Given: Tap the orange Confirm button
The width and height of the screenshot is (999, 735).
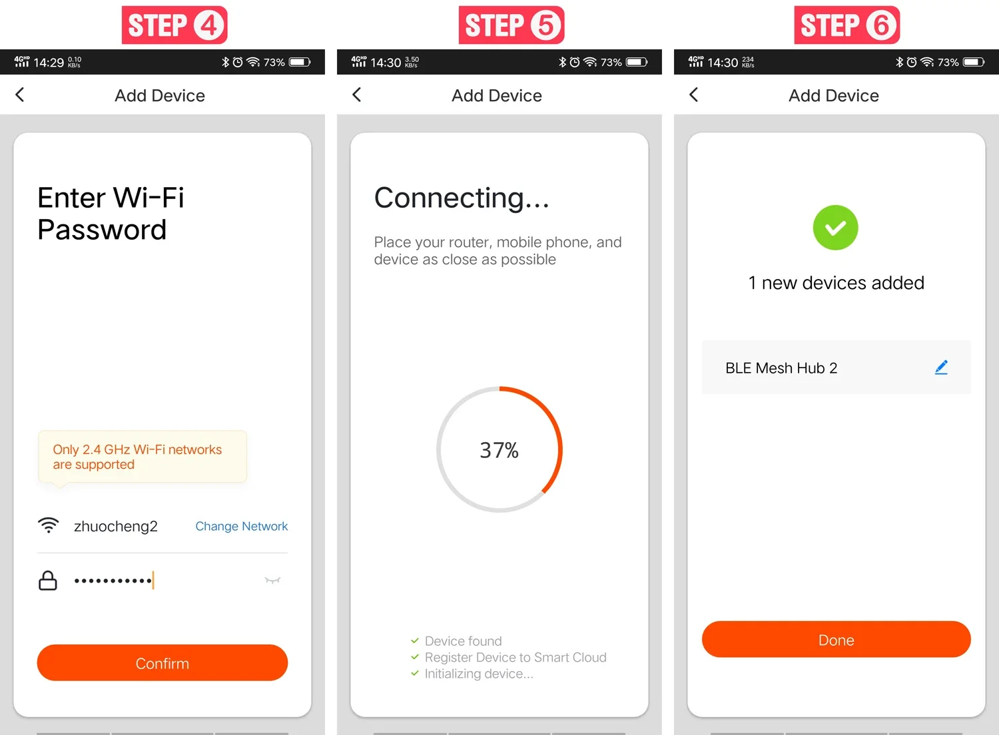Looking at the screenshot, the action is [163, 663].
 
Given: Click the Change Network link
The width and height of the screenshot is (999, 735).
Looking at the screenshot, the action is [241, 527].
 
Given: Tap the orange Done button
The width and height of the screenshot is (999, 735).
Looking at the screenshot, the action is [836, 640].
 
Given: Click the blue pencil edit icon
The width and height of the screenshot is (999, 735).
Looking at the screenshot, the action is [941, 367].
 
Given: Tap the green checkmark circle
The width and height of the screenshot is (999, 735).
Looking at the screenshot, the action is [835, 228].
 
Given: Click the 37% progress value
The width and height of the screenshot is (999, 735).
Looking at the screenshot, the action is [499, 450].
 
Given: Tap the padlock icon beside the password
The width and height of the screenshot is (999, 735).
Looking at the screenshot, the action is [48, 581].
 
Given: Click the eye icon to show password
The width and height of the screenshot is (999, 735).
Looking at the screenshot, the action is [272, 580].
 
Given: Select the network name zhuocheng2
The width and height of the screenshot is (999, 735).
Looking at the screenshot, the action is [115, 527].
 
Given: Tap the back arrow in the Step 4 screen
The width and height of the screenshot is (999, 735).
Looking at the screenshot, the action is [20, 95].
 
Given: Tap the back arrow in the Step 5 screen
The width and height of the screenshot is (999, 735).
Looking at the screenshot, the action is [357, 95].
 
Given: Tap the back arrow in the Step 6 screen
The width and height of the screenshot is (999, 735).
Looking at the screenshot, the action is [694, 95].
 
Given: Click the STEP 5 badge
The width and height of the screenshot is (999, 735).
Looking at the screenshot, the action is [511, 25].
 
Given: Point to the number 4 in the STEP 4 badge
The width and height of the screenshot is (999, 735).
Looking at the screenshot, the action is [208, 25].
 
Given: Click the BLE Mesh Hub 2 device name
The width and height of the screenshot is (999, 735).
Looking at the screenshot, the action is [781, 368].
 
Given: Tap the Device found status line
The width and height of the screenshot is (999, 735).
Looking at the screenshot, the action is [463, 641].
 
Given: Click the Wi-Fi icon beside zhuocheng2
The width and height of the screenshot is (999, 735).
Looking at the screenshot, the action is [48, 525].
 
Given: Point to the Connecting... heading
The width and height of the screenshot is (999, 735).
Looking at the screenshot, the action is [462, 198].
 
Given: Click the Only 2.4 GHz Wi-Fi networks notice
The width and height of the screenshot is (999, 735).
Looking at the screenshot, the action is [137, 457].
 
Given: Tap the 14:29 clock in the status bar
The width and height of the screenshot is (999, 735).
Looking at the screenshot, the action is [49, 63].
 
